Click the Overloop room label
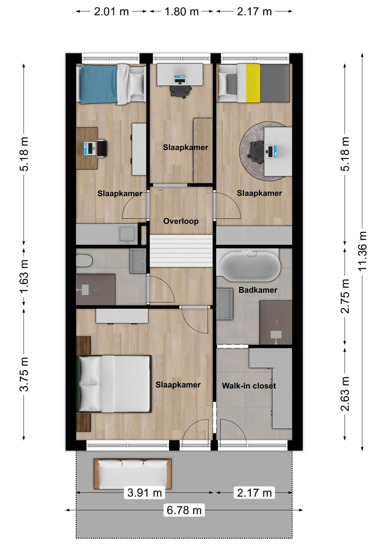coord(181,221)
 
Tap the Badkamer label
coord(258,290)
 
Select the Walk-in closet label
coord(249,386)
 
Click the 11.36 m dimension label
coord(362,251)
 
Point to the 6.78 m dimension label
coord(184,510)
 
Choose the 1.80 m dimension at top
coord(182,12)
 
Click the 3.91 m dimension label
coord(144,493)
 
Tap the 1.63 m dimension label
coord(24,276)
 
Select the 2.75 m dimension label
coord(345,296)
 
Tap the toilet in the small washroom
coord(84,260)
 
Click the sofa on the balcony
coord(133,474)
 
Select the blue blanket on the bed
coord(98,84)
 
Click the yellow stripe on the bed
coord(253,83)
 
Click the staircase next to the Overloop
coord(181,251)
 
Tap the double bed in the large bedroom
coord(114,384)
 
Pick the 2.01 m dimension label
coord(111,12)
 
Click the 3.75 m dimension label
coord(24,374)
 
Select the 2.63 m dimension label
coord(345,394)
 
